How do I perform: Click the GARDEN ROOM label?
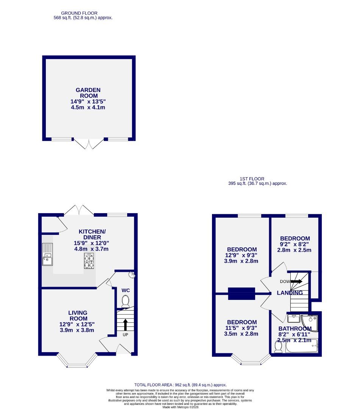tap(88, 93)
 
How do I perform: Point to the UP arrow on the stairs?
tap(125, 325)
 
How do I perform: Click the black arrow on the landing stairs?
tap(296, 281)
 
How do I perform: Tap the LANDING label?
tap(290, 293)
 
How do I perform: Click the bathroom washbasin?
tap(294, 317)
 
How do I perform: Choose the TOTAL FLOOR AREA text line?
tap(180, 385)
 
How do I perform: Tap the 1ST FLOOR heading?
tap(252, 179)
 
